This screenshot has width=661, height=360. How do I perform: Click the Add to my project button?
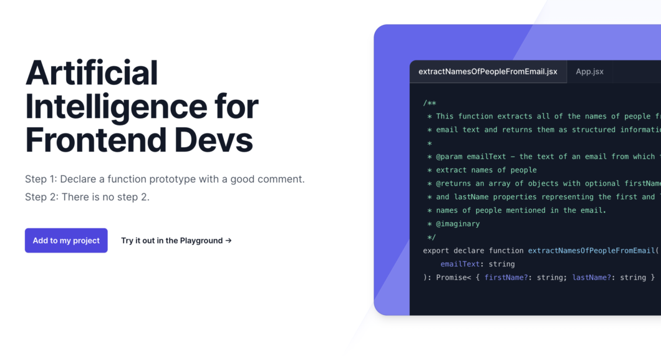click(66, 240)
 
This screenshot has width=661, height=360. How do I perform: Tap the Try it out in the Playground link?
click(176, 240)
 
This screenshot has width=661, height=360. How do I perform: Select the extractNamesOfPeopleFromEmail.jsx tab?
click(488, 72)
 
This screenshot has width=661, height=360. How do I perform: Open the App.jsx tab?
click(589, 72)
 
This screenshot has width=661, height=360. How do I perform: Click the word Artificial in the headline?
click(92, 72)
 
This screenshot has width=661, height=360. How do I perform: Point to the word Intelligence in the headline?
click(116, 107)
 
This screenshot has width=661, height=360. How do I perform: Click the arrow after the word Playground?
click(228, 240)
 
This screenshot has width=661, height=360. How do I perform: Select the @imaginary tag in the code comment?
click(457, 224)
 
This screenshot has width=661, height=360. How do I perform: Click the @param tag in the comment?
click(448, 157)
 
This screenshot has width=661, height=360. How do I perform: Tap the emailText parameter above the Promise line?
click(460, 264)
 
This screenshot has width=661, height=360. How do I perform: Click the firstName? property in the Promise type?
click(506, 278)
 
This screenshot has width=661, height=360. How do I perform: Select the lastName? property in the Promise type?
click(591, 278)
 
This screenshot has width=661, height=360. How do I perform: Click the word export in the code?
click(436, 251)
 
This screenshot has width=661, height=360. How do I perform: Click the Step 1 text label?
click(41, 179)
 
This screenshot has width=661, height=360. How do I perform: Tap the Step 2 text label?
click(42, 197)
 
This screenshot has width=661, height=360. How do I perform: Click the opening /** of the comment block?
click(430, 103)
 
